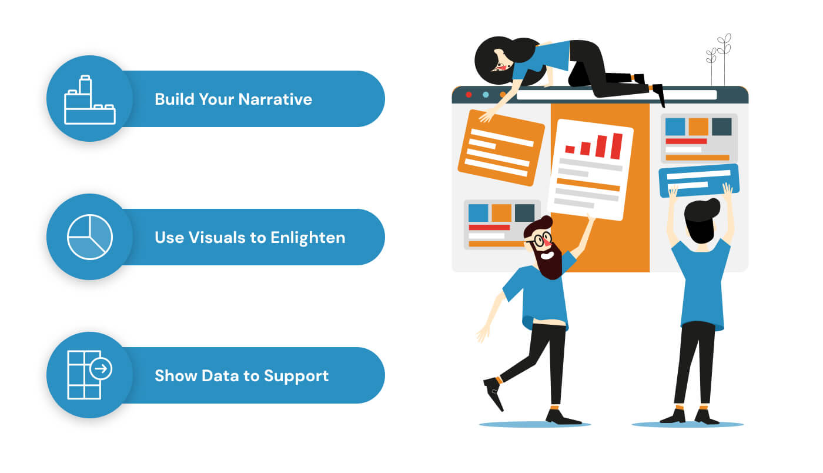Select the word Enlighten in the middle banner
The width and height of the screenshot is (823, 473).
pos(307,237)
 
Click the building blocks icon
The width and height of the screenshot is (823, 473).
pos(89,101)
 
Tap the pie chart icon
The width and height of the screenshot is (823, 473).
pos(89,237)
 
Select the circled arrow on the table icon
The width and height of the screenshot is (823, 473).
pos(101,369)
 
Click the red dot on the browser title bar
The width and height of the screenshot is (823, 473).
pos(469,94)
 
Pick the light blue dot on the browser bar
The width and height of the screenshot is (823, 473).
pos(485,94)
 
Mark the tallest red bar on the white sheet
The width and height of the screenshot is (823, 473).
pos(616,146)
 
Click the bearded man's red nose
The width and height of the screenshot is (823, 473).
pos(547,239)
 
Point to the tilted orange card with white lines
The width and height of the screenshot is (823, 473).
pos(501,147)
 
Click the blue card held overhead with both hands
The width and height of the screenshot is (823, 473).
pos(698,179)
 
